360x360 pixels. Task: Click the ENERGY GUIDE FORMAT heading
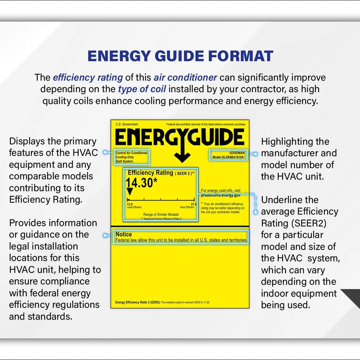tap(180, 56)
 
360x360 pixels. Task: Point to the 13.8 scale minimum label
tap(130, 204)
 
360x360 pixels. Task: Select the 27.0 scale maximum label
tap(193, 204)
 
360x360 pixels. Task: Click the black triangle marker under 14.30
tap(130, 192)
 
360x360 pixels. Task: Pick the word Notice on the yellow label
tap(123, 234)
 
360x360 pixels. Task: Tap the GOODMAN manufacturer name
tap(237, 153)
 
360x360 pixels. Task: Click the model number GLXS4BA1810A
tap(229, 157)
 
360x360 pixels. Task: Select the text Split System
tap(124, 162)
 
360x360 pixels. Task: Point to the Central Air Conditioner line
tap(131, 153)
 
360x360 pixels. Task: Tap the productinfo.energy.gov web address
tap(221, 195)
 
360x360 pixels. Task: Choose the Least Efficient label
tap(134, 207)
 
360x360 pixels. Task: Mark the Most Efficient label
tap(187, 207)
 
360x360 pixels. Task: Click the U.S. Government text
tap(127, 125)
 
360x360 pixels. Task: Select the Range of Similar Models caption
tap(161, 215)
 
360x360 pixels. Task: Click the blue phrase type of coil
tap(142, 89)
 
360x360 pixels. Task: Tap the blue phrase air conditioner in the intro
tap(185, 77)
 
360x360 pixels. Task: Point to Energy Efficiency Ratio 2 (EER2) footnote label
tap(138, 302)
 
